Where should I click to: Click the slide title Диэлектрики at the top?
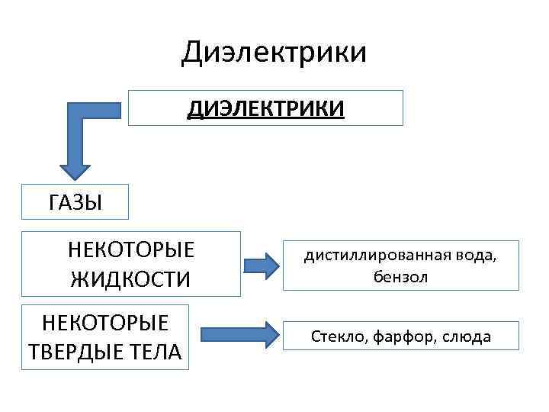click(x=274, y=53)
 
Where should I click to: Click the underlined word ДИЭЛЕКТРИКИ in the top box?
click(x=266, y=108)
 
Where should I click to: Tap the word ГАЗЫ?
click(x=75, y=203)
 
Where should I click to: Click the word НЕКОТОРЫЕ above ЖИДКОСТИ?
click(x=130, y=250)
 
